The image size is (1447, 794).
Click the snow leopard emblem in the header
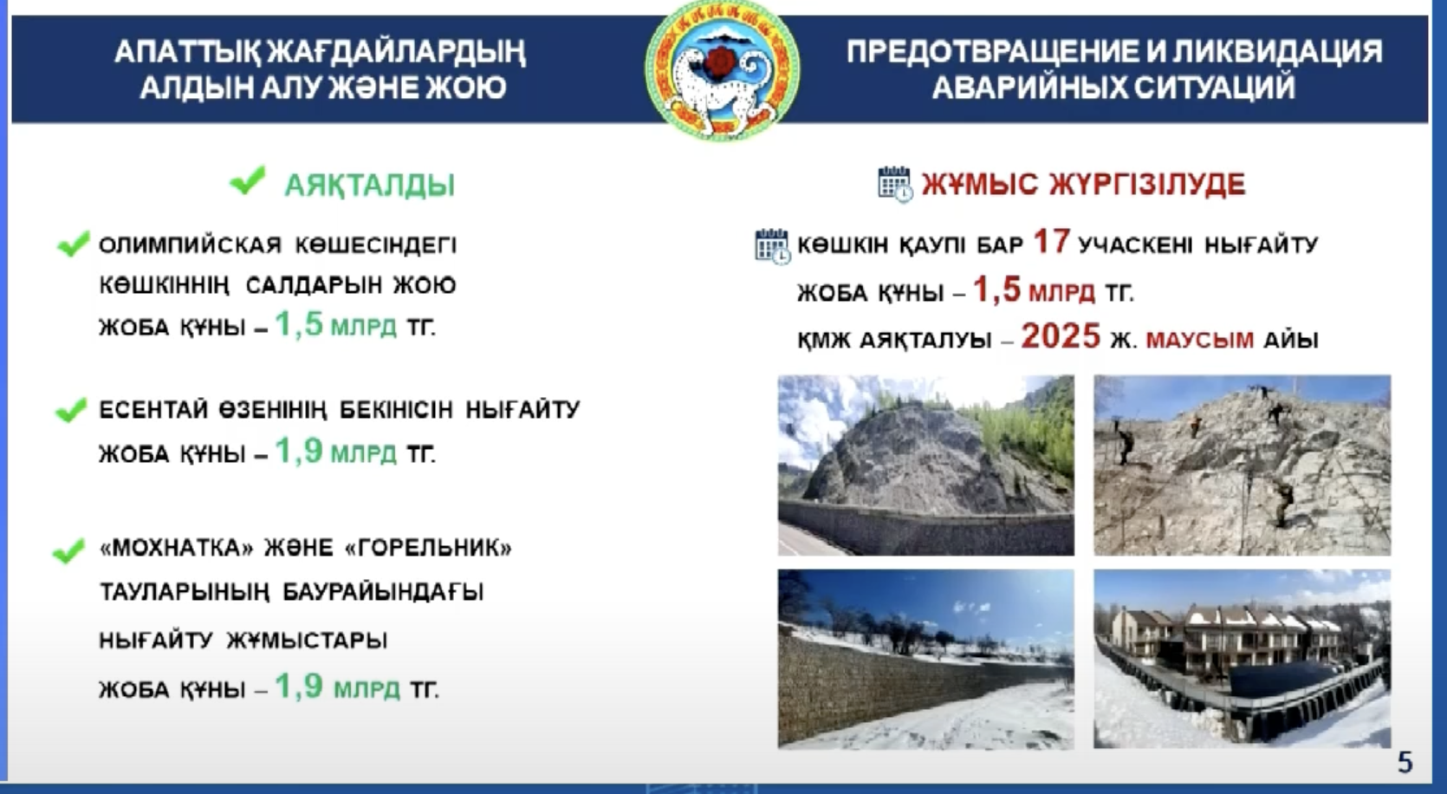coord(722,69)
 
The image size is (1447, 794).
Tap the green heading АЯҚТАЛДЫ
coord(370,185)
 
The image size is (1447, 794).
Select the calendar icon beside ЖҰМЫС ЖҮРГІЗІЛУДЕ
coord(895,184)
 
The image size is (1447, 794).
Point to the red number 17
coord(1052,242)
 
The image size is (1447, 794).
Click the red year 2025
coord(1061,336)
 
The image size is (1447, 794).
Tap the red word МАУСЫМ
coord(1199,340)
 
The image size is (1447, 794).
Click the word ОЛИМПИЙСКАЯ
coord(191,245)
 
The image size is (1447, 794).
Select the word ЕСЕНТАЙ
coord(152,410)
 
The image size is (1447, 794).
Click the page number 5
coord(1405,762)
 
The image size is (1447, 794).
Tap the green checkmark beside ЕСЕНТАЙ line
coord(71,410)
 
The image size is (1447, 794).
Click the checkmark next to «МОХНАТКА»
coord(68,550)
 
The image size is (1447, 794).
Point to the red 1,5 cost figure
coord(996,289)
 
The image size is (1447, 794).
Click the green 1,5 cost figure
coord(299,323)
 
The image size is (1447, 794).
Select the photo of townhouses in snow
coord(1243,659)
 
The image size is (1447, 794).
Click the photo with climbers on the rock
coord(1243,465)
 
